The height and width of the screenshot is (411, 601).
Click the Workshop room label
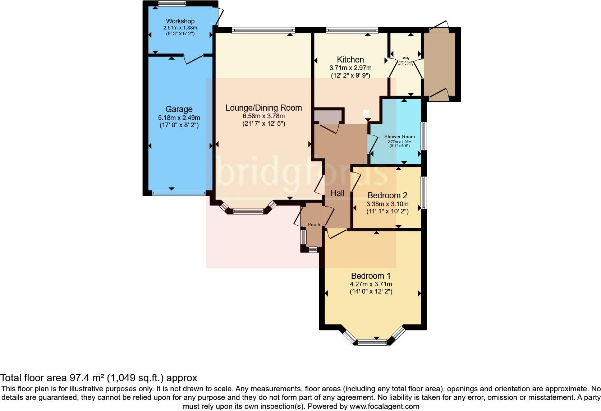(180, 21)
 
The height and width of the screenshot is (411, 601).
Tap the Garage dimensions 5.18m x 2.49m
(179, 118)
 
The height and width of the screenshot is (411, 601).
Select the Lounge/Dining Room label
(263, 108)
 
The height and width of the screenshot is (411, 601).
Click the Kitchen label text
(350, 60)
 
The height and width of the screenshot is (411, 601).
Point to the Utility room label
(405, 58)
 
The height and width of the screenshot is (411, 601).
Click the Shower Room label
(399, 137)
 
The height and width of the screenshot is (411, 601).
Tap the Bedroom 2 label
(387, 195)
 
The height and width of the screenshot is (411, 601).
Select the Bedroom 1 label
(371, 276)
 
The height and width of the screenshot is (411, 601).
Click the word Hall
(337, 193)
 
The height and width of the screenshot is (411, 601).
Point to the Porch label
(314, 225)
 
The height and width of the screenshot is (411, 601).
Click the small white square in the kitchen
(366, 113)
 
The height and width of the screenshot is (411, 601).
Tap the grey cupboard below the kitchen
(328, 116)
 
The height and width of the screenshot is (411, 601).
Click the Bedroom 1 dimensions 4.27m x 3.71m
(371, 284)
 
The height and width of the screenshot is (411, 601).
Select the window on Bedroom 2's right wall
(424, 192)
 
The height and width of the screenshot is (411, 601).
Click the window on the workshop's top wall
(172, 4)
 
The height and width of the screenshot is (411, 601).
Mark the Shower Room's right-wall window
(424, 136)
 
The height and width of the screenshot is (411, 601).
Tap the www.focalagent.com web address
(384, 407)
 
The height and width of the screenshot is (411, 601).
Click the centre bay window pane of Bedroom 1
(372, 342)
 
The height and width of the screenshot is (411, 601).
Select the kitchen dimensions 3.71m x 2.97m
(350, 68)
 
